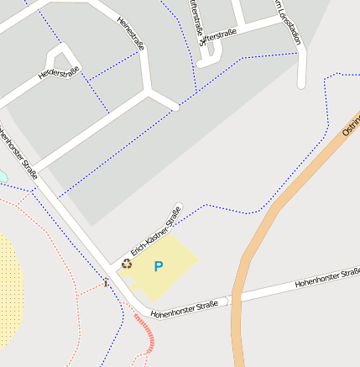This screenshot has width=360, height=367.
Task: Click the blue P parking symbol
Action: click(158, 266)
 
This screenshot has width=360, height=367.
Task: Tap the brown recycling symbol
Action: click(127, 263)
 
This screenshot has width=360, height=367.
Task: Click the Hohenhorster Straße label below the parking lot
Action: click(185, 308)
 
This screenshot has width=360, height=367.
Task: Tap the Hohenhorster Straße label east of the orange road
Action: click(327, 279)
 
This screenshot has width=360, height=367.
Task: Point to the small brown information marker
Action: click(106, 283)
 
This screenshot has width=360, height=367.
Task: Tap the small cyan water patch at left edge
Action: click(2, 176)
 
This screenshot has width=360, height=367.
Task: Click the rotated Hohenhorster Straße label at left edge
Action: click(18, 152)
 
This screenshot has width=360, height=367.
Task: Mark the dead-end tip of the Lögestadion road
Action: click(302, 83)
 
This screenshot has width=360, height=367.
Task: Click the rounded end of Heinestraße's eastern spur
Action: click(175, 107)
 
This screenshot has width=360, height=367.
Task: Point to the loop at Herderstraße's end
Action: click(63, 57)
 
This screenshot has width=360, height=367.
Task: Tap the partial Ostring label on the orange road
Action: click(352, 126)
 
